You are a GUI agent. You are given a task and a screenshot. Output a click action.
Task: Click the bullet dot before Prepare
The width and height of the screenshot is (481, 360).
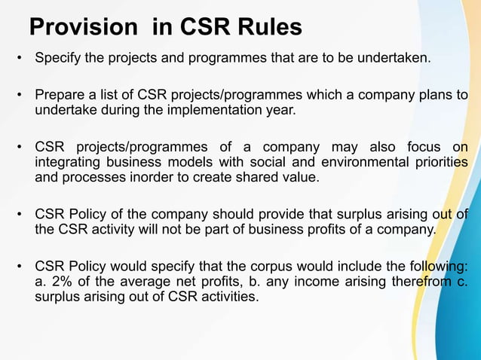point(17,96)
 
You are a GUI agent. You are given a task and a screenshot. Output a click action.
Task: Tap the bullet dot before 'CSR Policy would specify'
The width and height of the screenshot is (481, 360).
point(17,267)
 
